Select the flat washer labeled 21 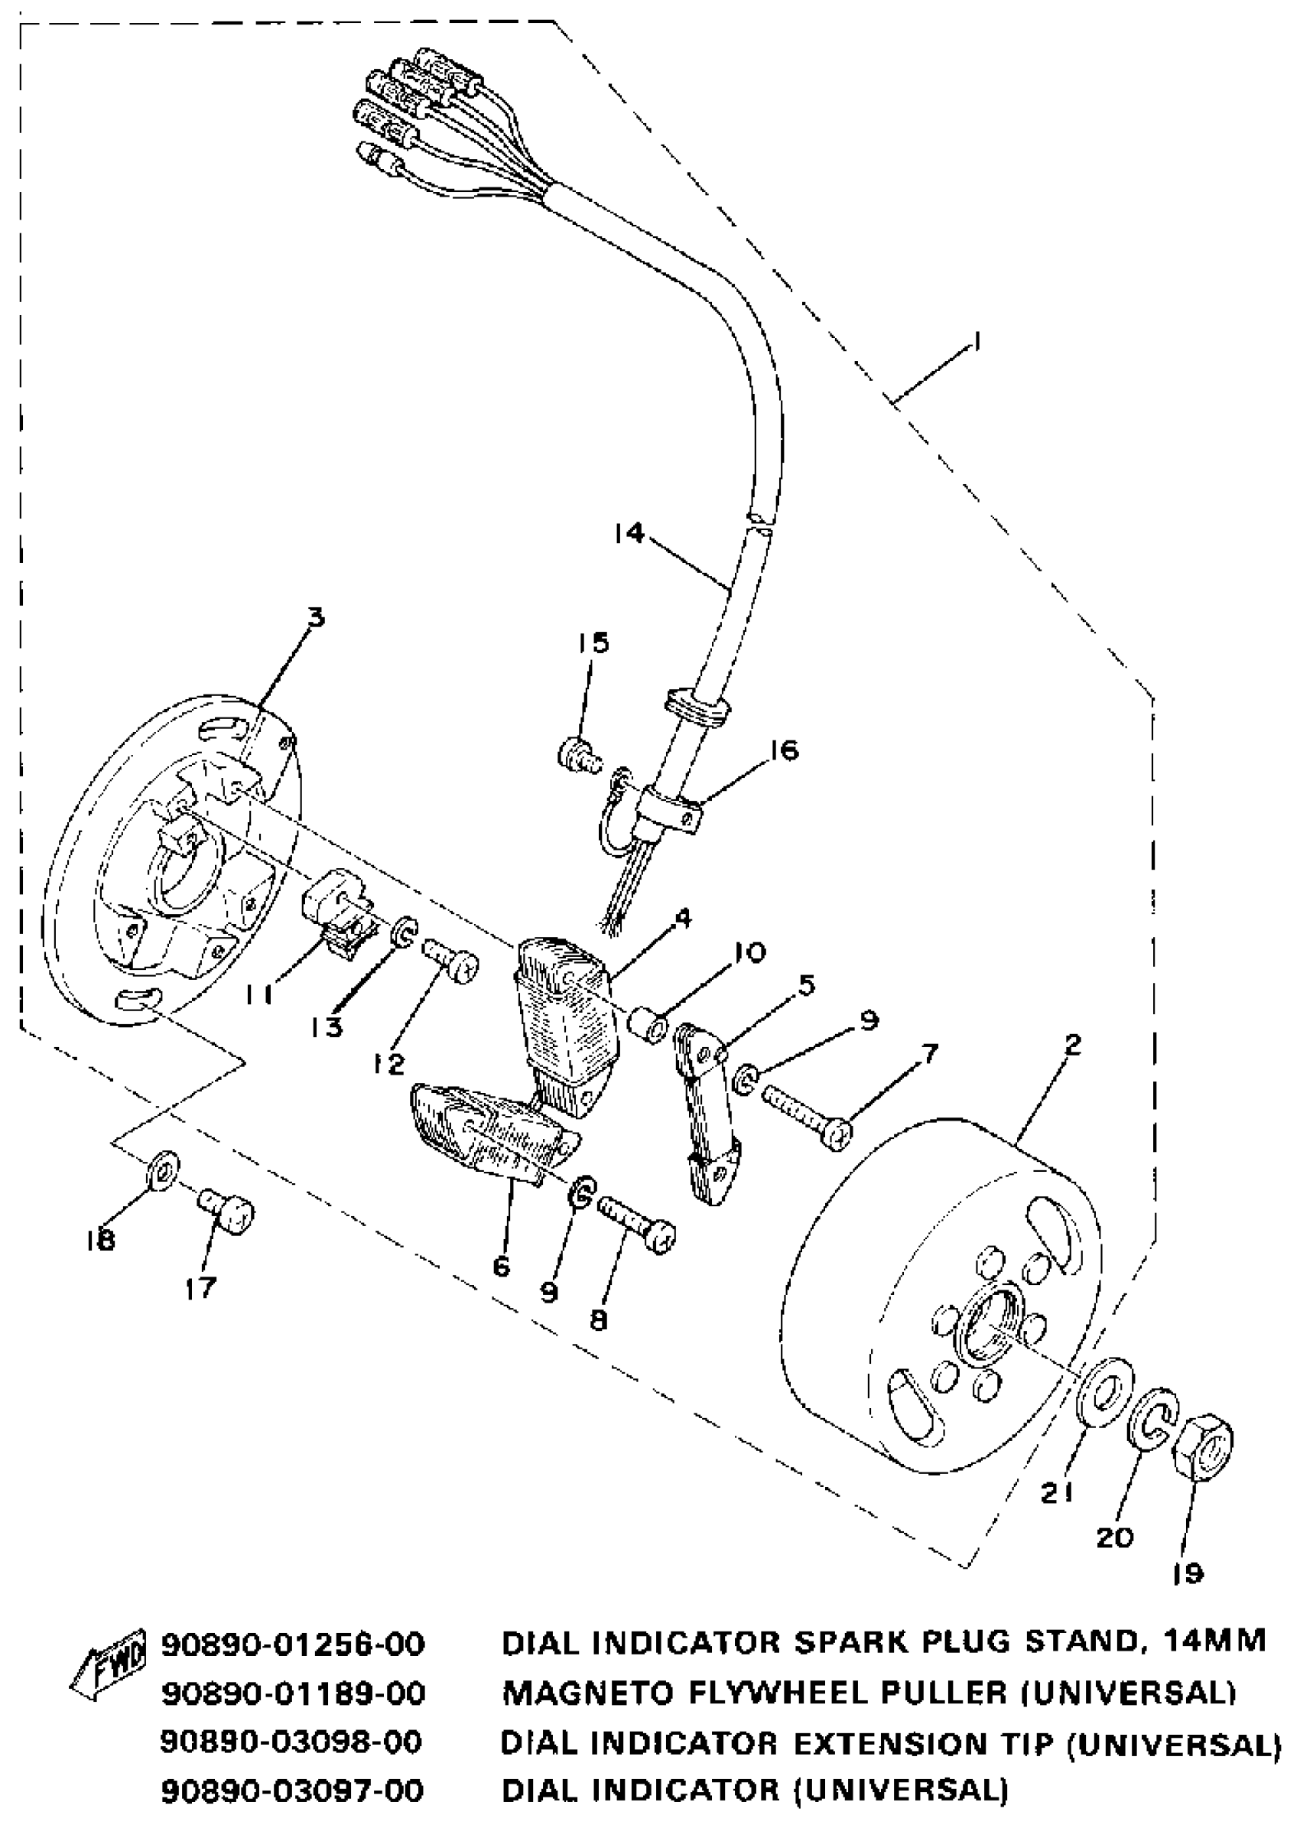click(1106, 1391)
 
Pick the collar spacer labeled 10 click(648, 1026)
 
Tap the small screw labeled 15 click(579, 754)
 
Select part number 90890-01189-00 click(293, 1693)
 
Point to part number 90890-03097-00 click(293, 1790)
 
